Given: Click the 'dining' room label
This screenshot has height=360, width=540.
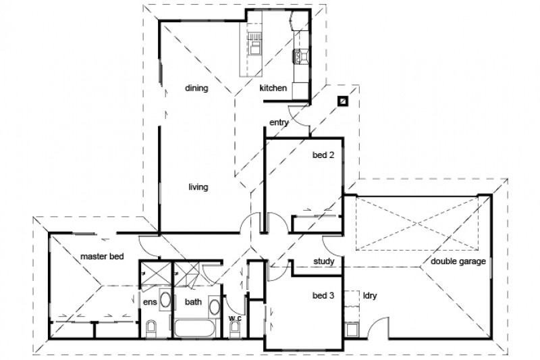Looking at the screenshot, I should pos(196,88).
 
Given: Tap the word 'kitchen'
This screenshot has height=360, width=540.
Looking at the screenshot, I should pos(273,88).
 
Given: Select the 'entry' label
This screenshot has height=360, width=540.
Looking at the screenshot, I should pos(279,122).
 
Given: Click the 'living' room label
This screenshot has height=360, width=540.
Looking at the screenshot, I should pos(198,187).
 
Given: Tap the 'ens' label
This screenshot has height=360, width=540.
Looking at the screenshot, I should pos(149,302).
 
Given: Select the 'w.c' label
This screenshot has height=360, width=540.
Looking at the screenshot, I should pos(235,316).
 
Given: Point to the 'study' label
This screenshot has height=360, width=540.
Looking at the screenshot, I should pos(325,261).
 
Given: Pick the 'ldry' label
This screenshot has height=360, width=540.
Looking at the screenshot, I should pos(370,296).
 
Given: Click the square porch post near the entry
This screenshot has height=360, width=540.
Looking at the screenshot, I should pos(344,101).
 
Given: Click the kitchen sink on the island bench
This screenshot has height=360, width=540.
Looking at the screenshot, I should pos(256,45).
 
